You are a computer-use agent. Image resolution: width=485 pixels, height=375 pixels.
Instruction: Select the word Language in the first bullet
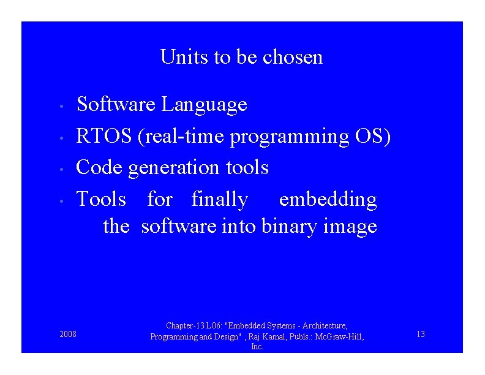point(204,105)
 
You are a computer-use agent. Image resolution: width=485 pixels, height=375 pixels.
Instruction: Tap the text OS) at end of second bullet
point(373,136)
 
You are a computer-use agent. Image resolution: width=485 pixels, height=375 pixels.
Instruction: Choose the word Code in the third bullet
point(100,167)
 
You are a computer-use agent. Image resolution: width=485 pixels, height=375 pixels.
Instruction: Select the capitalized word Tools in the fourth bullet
point(101,199)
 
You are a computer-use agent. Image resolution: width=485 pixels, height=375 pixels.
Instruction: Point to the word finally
point(220,199)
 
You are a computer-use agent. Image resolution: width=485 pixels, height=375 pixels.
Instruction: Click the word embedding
point(328,200)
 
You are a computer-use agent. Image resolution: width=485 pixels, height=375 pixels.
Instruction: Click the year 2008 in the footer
point(68,334)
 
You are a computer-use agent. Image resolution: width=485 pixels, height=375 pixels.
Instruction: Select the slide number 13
point(420,334)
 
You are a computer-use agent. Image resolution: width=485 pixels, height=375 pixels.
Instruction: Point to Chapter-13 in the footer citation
point(186,326)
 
